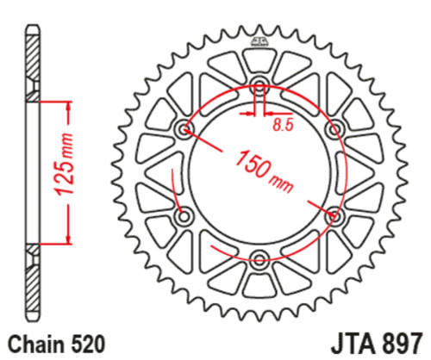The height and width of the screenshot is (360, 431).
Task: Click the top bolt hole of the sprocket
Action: click(x=259, y=86)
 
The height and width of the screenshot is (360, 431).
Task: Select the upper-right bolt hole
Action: click(x=334, y=129)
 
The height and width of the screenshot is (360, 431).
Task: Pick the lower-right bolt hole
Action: click(x=334, y=214)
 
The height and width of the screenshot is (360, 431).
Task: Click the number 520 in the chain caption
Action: click(x=87, y=343)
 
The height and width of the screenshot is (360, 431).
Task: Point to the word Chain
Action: click(x=38, y=343)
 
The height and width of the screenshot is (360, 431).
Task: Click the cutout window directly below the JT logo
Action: click(x=259, y=62)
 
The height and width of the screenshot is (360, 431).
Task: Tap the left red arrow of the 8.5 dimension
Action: click(x=250, y=112)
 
